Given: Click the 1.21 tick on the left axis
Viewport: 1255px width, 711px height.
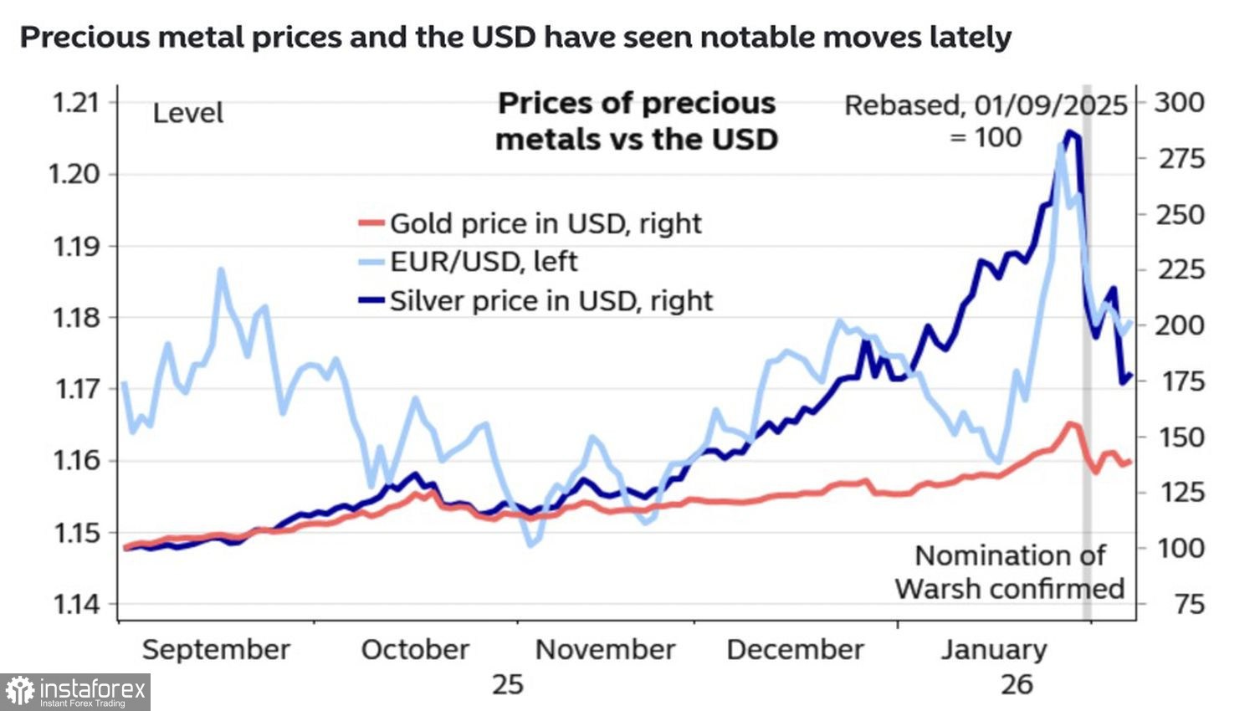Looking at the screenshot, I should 75,103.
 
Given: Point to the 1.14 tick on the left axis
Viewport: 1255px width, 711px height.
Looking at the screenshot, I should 75,604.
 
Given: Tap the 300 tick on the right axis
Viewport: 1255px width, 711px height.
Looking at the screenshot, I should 1180,103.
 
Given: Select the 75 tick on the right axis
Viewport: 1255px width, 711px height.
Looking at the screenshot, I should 1189,604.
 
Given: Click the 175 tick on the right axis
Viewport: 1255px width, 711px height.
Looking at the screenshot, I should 1180,381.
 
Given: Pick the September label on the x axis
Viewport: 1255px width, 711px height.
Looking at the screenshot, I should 216,650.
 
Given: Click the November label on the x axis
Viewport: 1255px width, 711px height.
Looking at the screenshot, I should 605,650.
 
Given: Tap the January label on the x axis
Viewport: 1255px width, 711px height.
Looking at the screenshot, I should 994,650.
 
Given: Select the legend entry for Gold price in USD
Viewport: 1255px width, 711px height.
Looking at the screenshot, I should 545,223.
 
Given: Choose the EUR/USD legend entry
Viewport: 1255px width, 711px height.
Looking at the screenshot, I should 483,262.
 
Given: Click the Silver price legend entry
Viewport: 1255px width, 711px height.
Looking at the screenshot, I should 551,300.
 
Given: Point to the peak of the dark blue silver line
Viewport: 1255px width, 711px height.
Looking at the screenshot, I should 1069,132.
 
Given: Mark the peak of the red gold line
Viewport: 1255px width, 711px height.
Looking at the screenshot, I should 1069,424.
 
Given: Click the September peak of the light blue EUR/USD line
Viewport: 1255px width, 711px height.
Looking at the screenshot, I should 221,269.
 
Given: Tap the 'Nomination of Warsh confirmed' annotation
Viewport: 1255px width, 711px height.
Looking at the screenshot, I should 1009,572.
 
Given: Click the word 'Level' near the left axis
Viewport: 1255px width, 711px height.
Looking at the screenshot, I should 187,113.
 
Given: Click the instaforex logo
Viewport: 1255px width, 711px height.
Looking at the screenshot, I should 75,692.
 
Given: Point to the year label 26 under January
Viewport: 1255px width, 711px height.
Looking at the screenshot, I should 1017,684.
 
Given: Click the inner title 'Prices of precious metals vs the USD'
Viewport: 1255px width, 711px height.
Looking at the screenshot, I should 637,120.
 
